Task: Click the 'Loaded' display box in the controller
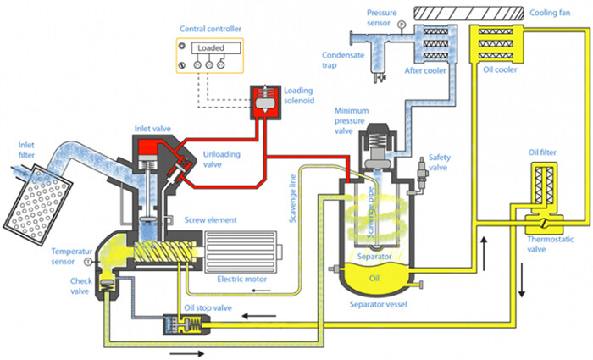coord(211,49)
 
